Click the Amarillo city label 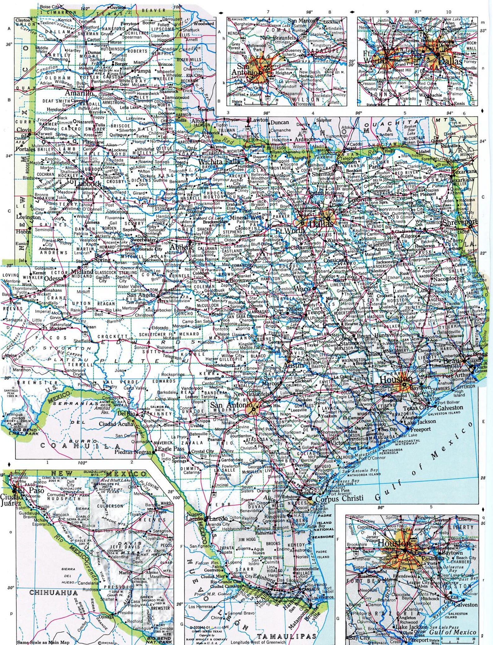(x=79, y=93)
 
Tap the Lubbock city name (x=88, y=184)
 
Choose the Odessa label (x=54, y=279)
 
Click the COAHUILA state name (x=76, y=446)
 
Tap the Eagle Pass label (x=171, y=449)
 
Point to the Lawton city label (x=259, y=120)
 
